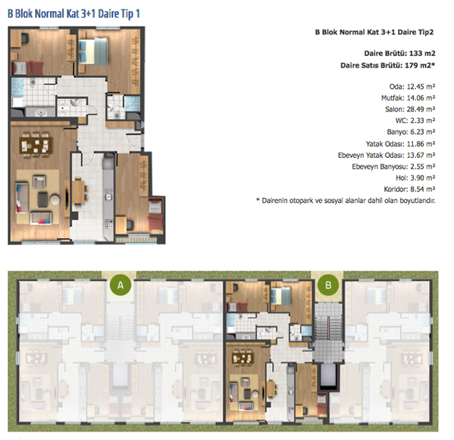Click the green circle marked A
point(120,285)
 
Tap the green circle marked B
point(328,285)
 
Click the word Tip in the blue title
point(127,14)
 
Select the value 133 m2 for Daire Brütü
point(422,54)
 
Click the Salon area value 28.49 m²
point(421,109)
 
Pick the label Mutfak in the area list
point(392,98)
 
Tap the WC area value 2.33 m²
point(422,120)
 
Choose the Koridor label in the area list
point(395,189)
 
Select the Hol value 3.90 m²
point(422,177)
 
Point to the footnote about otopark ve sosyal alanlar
point(345,201)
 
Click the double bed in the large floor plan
point(93,51)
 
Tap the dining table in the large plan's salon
point(36,144)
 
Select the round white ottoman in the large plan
point(55,199)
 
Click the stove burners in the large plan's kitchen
point(109,224)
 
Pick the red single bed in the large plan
point(155,215)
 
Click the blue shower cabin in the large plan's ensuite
point(132,103)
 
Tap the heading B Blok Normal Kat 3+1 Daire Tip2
point(374,32)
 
